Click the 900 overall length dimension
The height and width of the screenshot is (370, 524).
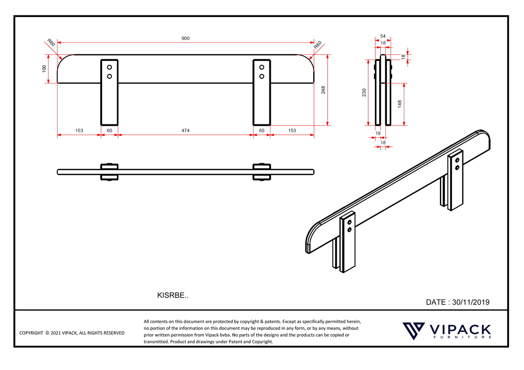185,39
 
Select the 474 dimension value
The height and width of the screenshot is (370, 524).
185,131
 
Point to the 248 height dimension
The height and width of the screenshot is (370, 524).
323,90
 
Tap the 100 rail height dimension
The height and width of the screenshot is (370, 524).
44,69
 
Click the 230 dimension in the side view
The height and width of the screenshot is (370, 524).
364,92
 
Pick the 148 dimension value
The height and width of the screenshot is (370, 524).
400,104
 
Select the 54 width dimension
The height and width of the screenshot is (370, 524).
383,36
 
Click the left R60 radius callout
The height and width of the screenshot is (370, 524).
51,43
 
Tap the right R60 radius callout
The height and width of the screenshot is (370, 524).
317,45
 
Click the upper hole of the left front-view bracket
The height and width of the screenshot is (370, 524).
109,67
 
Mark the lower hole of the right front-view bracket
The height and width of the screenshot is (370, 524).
262,76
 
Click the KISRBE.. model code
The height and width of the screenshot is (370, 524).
173,295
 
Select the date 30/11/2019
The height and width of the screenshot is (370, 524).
470,302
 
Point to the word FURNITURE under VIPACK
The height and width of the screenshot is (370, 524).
462,337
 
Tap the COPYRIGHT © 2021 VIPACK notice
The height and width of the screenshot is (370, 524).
72,333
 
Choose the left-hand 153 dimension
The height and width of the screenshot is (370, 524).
79,131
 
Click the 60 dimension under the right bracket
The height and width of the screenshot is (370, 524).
262,131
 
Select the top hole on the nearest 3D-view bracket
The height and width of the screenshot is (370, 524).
349,223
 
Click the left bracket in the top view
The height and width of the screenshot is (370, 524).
109,172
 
